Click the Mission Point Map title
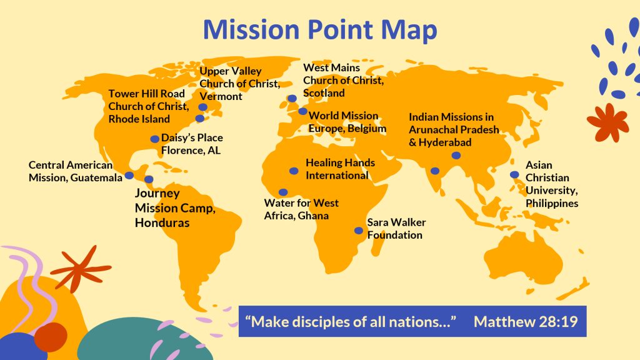(319, 30)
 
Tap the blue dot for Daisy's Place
(155, 139)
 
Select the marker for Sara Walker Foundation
(359, 230)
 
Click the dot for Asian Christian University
(514, 174)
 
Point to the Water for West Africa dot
(283, 192)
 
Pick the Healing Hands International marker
(294, 171)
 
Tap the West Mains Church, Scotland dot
(292, 98)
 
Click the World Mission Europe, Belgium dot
(303, 111)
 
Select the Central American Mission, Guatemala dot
(129, 175)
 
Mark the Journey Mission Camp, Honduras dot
(149, 179)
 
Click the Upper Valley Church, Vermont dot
(203, 107)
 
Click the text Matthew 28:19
(525, 322)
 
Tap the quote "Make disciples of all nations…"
(351, 322)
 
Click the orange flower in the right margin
(607, 121)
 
